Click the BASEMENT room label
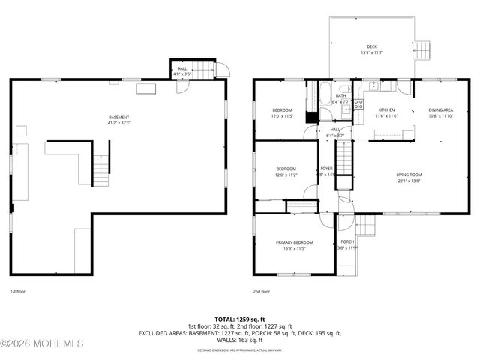[119, 117]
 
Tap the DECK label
[372, 46]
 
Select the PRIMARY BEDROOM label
[294, 242]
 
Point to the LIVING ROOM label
[409, 175]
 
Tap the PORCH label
[347, 242]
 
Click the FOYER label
[327, 169]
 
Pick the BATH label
[341, 95]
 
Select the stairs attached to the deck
[422, 50]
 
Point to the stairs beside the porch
[366, 224]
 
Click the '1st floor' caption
[17, 291]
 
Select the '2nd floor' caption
[262, 291]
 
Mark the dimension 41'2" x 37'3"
[119, 123]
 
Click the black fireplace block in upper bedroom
[311, 117]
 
